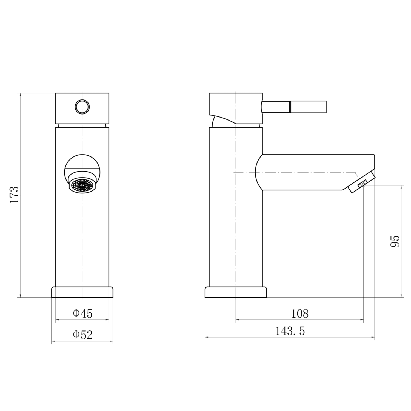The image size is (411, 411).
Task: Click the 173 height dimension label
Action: pyautogui.click(x=14, y=195)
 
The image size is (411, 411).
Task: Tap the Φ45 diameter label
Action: pyautogui.click(x=82, y=314)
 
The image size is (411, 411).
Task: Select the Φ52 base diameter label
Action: pyautogui.click(x=82, y=335)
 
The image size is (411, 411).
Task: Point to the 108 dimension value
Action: pyautogui.click(x=300, y=314)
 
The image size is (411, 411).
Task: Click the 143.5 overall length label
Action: pyautogui.click(x=290, y=331)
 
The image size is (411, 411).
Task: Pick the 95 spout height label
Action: pyautogui.click(x=395, y=241)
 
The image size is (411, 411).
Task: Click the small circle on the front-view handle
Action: pyautogui.click(x=82, y=107)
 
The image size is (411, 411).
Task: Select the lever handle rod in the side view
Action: pyautogui.click(x=294, y=107)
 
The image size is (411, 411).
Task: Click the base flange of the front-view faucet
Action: pyautogui.click(x=82, y=292)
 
